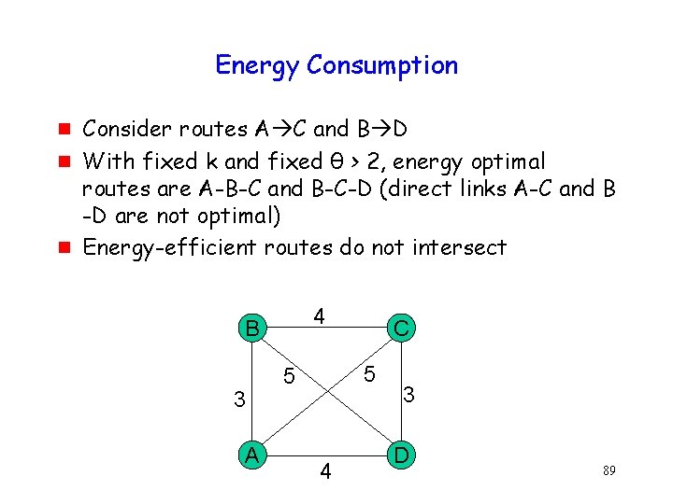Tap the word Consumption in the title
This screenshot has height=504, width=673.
coord(382,66)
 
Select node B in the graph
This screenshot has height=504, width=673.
coord(250,329)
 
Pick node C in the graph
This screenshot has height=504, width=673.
coord(401,329)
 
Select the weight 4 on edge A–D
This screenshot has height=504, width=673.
coord(325,472)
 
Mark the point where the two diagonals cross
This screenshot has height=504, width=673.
coord(325,391)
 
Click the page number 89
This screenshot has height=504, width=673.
coord(609,471)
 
